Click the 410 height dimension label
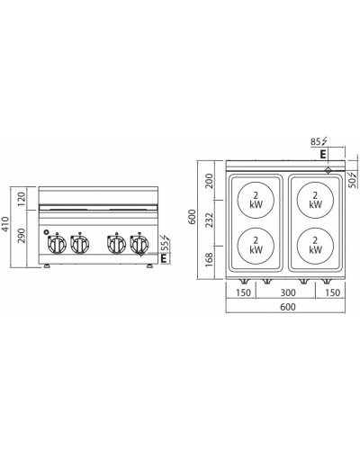point(5,224)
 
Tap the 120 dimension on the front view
point(22,199)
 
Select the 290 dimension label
point(22,236)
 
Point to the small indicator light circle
point(46,232)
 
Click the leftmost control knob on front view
point(57,244)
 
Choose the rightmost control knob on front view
point(139,244)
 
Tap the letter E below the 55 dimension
point(164,258)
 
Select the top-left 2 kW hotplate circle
point(256,200)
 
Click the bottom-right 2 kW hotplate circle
point(315,246)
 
